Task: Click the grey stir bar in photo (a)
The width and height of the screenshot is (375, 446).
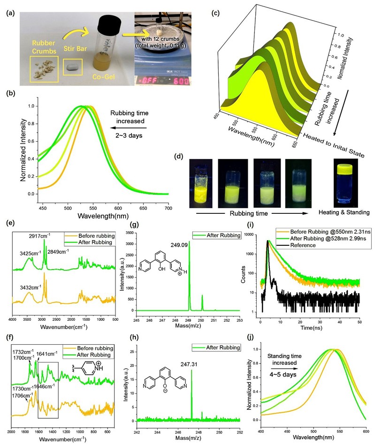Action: tap(72, 68)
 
